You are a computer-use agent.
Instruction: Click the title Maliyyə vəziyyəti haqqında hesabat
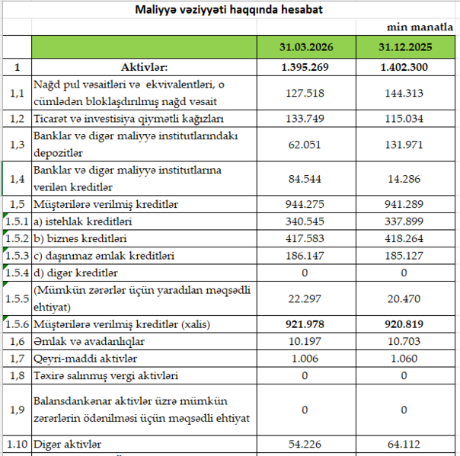point(228,9)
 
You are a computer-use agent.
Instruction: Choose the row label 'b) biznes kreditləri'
point(83,239)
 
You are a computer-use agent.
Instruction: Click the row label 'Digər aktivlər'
point(69,443)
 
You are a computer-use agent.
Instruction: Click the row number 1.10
point(16,443)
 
